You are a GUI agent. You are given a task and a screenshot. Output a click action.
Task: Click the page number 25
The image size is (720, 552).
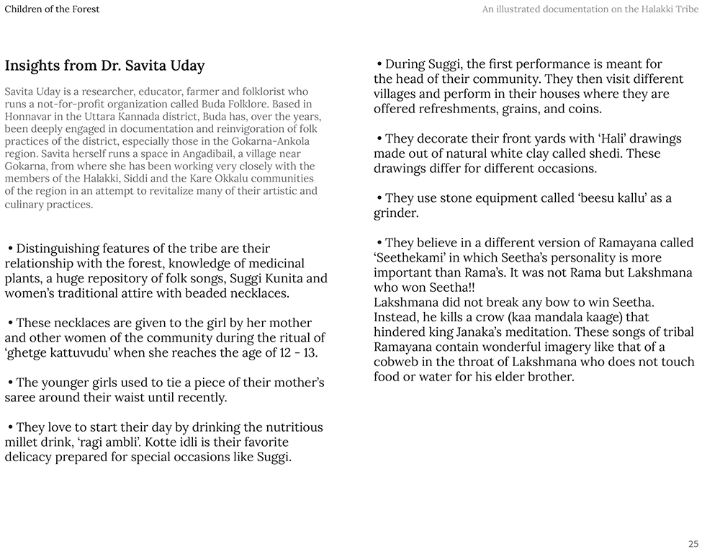[693, 544]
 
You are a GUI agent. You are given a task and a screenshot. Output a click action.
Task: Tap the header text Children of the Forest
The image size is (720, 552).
[52, 9]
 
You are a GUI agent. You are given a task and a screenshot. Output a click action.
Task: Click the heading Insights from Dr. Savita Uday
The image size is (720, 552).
[104, 66]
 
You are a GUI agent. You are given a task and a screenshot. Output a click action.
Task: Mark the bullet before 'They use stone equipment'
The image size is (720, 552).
[379, 198]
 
